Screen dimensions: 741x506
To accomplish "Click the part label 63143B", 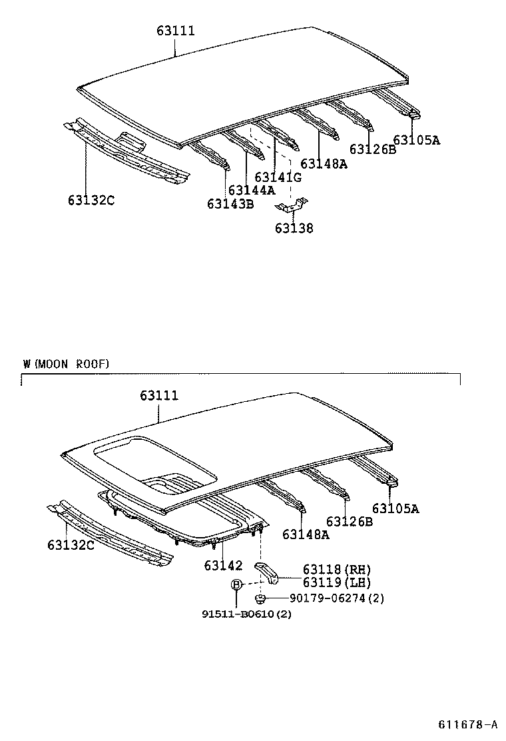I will tap(230, 204).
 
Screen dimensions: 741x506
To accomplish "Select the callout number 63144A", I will tap(251, 190).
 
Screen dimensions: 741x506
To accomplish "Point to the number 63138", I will tap(294, 229).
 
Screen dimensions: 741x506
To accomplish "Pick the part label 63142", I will tap(223, 566).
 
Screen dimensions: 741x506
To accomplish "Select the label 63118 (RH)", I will tap(336, 569).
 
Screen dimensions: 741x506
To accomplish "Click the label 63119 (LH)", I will tap(336, 582).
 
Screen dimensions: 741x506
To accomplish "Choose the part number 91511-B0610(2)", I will tap(246, 614).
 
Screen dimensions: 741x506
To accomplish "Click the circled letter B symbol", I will tap(236, 584).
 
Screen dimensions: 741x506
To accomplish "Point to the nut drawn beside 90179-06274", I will tap(262, 598).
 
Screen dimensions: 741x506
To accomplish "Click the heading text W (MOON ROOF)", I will tap(65, 364).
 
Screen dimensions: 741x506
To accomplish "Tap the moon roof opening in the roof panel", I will tap(156, 463).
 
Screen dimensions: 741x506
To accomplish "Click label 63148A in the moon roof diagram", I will tap(306, 534).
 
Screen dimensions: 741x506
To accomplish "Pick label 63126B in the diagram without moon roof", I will tap(372, 149).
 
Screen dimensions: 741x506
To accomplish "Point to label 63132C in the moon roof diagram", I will tap(71, 546).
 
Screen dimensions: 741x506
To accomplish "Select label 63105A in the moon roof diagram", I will tap(395, 509).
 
